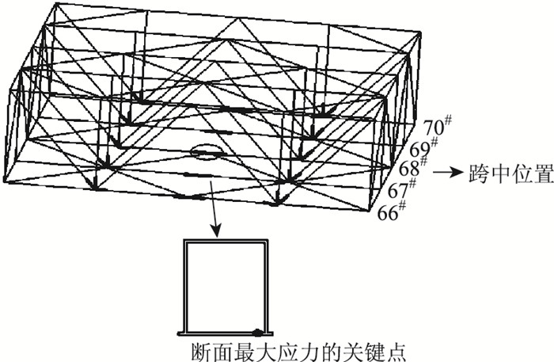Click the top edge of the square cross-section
[226, 240]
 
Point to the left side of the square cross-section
[184, 285]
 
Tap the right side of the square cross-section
[268, 285]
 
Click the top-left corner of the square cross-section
[184, 240]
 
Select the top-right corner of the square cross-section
[268, 240]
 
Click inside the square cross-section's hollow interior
[226, 285]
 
